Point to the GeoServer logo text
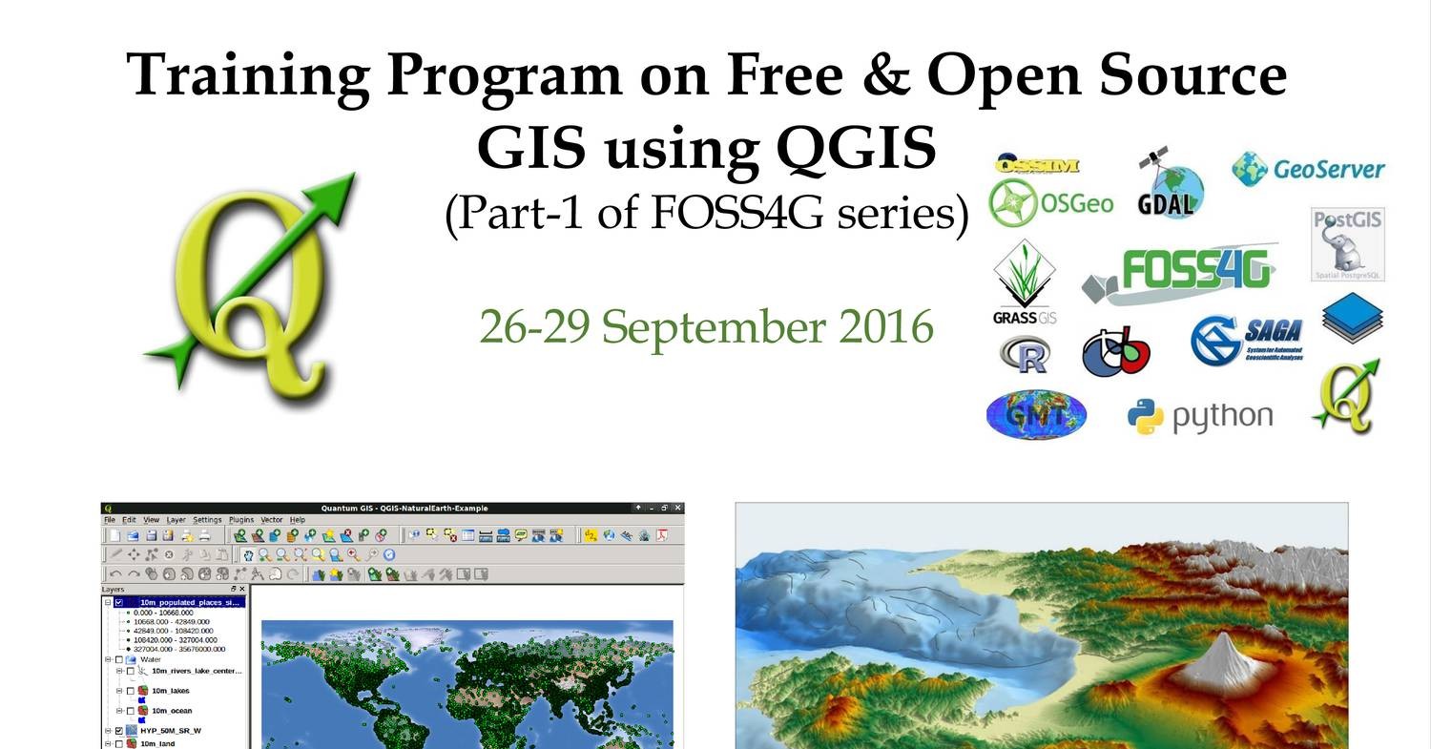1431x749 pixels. [1328, 170]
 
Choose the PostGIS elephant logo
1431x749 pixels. [1347, 244]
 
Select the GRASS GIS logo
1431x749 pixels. [1025, 282]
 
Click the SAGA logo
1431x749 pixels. [1248, 339]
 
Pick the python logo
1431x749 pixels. [1199, 417]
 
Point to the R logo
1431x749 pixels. [1026, 355]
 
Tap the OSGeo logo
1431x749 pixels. [1050, 202]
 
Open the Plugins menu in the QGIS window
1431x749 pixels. [241, 520]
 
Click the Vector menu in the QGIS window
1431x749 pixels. [272, 520]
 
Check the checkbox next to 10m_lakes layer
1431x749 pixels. [131, 691]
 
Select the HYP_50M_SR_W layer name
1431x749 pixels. [171, 731]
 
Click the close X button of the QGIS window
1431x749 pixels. [678, 508]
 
